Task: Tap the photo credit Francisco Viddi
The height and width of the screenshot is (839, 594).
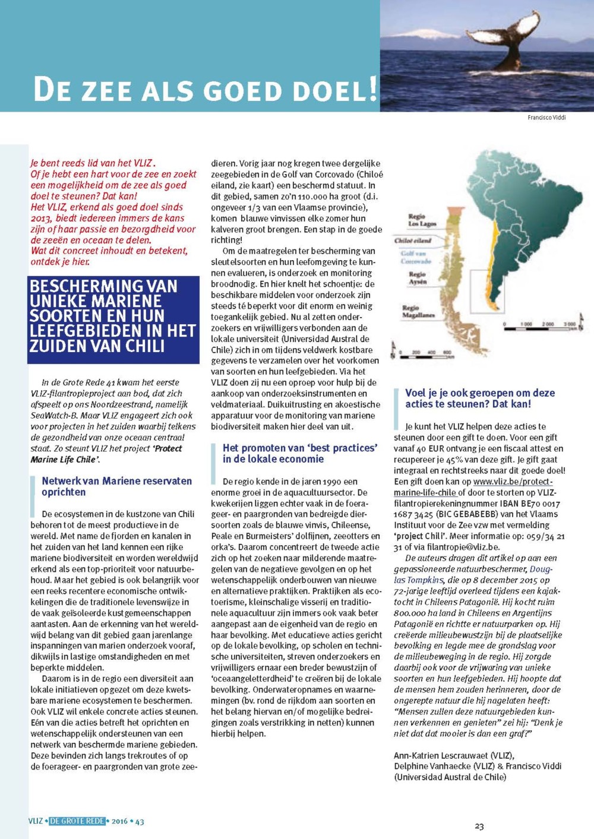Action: click(x=546, y=118)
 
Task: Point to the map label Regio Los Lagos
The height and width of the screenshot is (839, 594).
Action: click(x=422, y=220)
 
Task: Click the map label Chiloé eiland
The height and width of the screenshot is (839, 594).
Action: click(x=412, y=240)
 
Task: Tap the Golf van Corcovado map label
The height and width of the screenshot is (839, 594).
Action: click(x=416, y=257)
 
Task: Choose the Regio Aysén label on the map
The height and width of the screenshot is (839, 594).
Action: click(x=418, y=278)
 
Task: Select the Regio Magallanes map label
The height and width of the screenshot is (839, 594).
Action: click(x=419, y=311)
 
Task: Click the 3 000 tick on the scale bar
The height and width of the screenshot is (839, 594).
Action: click(x=569, y=324)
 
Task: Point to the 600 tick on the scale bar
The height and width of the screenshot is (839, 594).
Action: click(x=447, y=352)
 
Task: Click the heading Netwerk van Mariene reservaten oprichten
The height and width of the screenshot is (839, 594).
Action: click(x=116, y=486)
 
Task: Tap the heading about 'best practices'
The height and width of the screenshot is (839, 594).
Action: click(x=300, y=453)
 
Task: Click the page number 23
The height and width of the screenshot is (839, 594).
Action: click(x=479, y=825)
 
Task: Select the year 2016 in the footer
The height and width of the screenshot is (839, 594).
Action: click(x=119, y=821)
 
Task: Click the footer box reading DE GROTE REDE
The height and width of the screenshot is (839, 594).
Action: click(x=77, y=821)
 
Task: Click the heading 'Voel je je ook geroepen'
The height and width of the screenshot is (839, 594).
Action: click(x=480, y=398)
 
